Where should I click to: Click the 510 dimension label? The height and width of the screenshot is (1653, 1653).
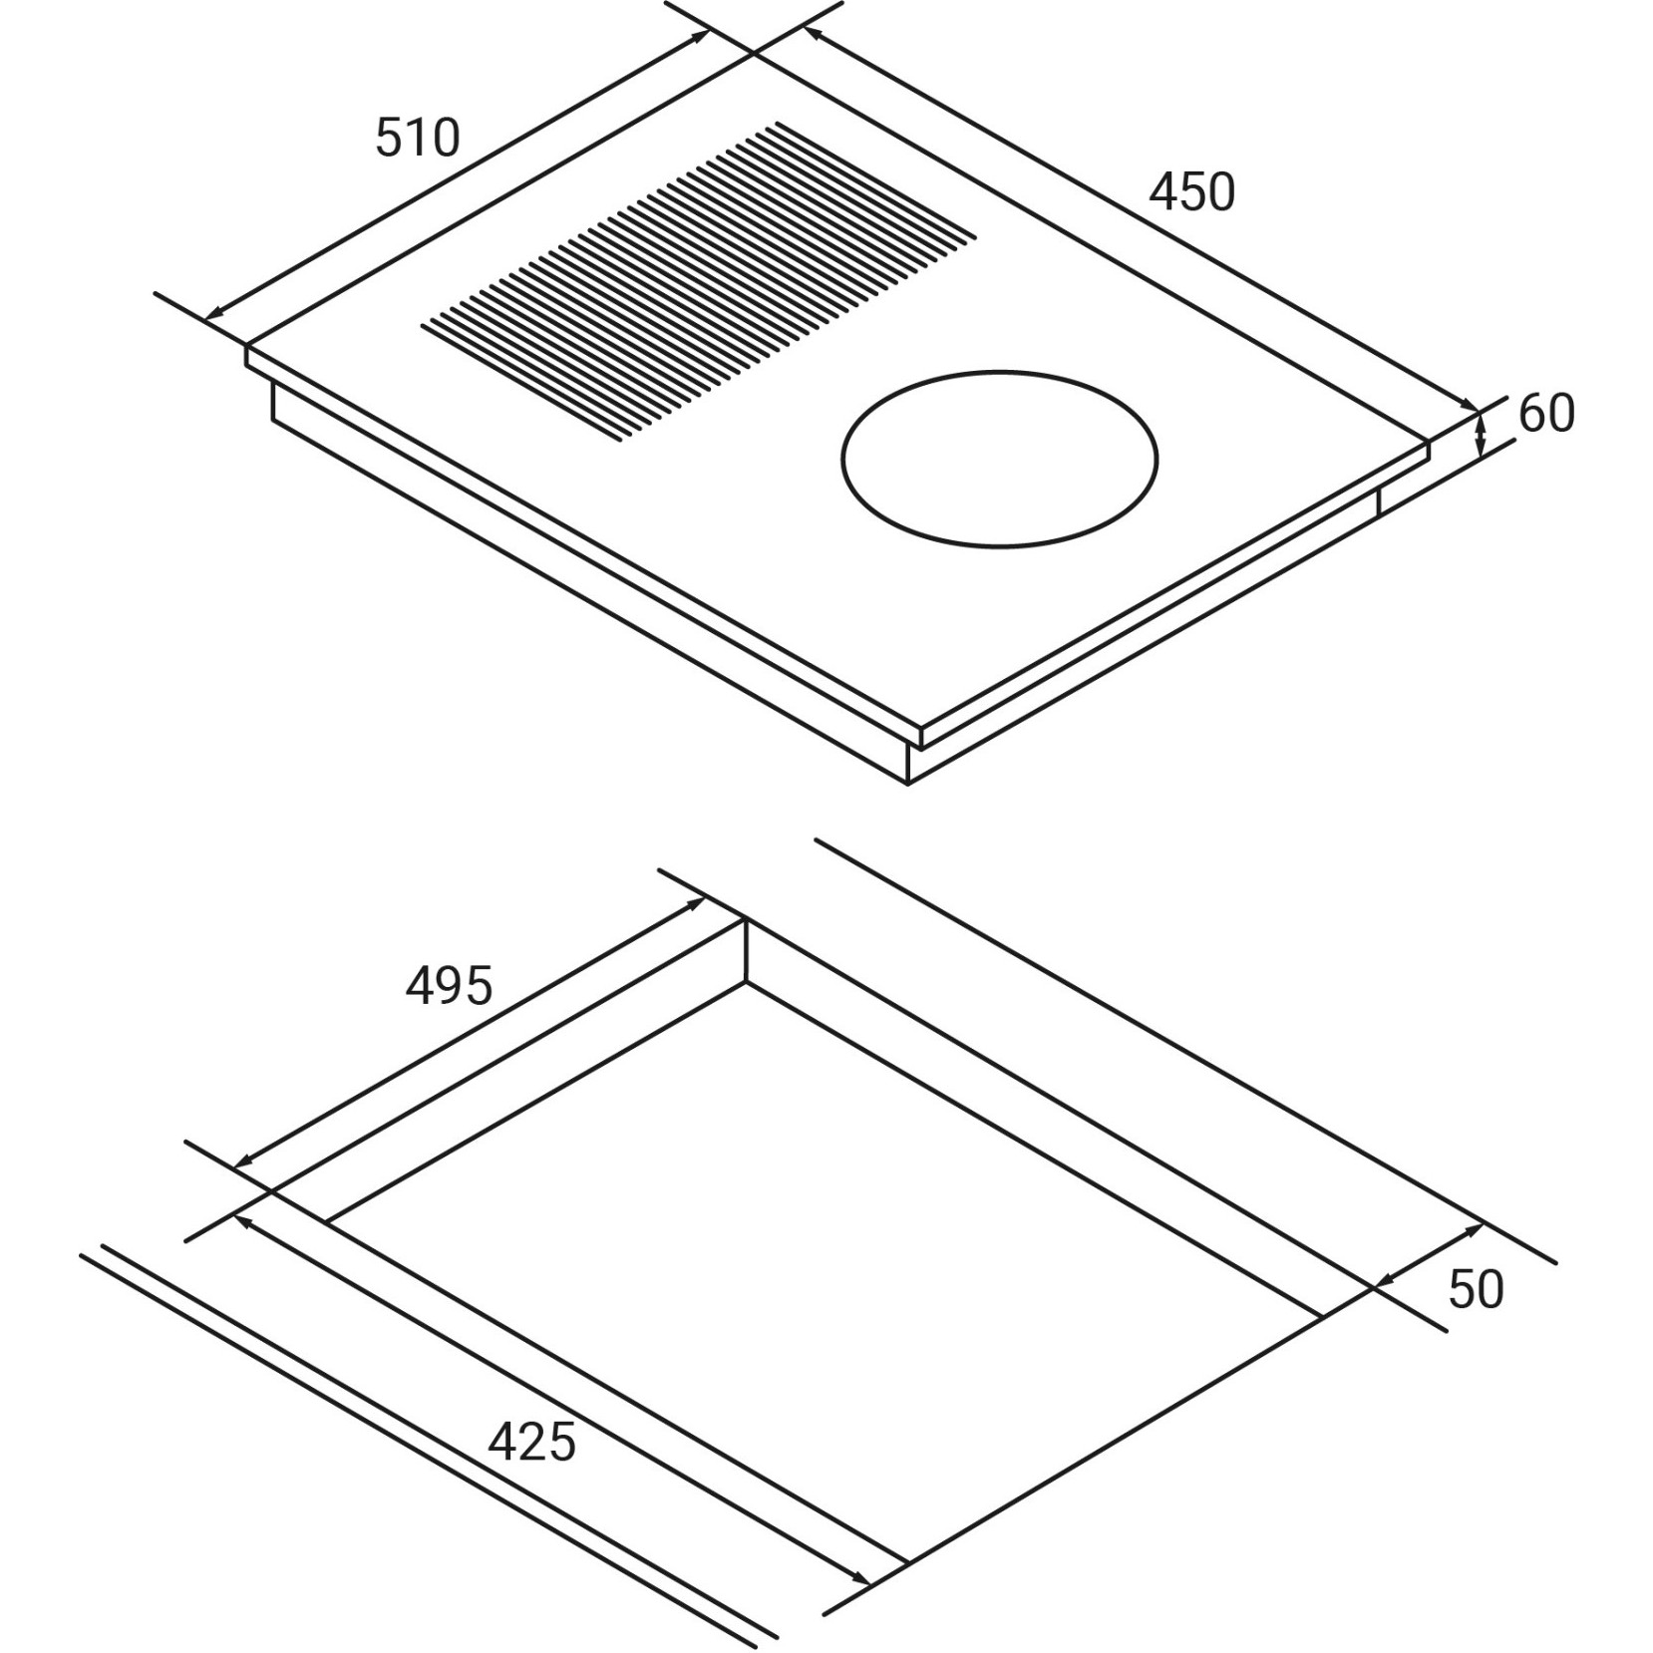(x=418, y=138)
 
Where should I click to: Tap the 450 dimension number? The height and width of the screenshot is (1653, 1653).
(x=1192, y=192)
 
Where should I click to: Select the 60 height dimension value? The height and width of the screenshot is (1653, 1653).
(x=1546, y=413)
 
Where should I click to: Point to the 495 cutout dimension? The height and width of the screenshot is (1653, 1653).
(x=449, y=985)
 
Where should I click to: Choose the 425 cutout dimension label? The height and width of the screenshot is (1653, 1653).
(x=532, y=1441)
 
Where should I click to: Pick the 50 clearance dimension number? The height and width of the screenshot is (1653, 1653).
(x=1476, y=1289)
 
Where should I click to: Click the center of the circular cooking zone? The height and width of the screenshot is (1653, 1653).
(x=999, y=460)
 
